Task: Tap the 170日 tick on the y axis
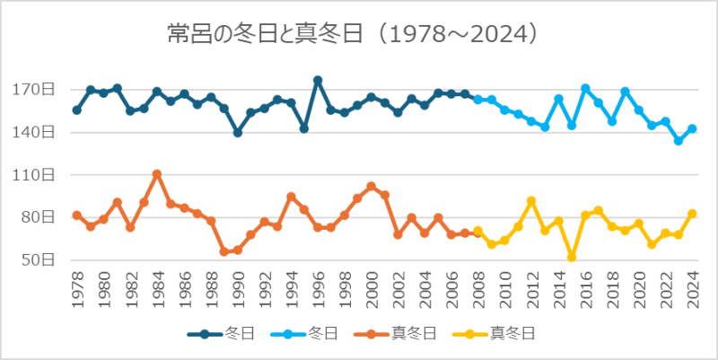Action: (39, 90)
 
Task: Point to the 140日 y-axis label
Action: (39, 132)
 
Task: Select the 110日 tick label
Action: (39, 175)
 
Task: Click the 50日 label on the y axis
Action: (42, 260)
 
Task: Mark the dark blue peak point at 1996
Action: (318, 80)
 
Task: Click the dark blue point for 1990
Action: (238, 132)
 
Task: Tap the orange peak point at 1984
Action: (157, 174)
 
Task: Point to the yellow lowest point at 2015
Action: (572, 258)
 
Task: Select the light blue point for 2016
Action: (585, 88)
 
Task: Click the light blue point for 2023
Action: (679, 141)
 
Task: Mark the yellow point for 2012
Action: (531, 201)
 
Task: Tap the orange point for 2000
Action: (372, 187)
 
